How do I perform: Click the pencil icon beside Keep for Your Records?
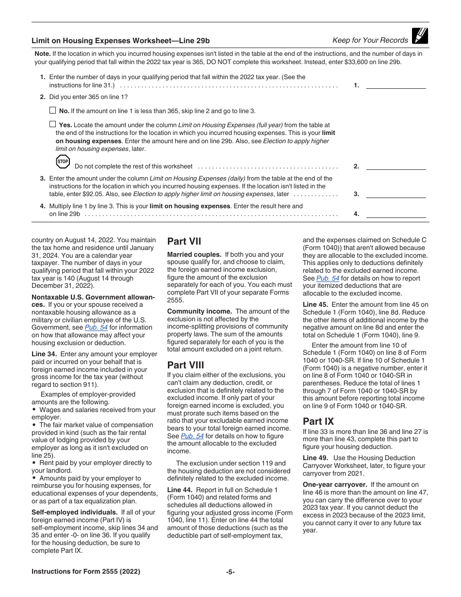pos(419,36)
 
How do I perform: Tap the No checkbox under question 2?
pos(52,110)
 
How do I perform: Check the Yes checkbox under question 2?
pos(52,124)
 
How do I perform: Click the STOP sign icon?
pos(63,162)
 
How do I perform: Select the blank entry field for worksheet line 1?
pos(395,85)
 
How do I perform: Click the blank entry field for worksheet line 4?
pos(395,214)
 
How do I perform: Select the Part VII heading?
pos(184,241)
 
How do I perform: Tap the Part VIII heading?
pos(185,365)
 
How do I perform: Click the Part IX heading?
pos(318,421)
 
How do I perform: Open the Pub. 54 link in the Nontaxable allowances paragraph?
pos(96,328)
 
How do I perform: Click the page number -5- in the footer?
pos(230,572)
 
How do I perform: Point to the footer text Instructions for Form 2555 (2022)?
pos(86,571)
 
